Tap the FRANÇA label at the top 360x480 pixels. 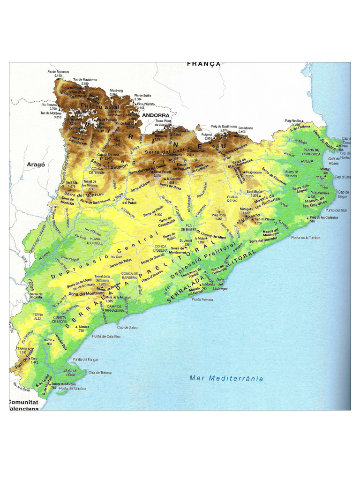(x=203, y=64)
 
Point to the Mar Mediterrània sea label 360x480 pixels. (x=226, y=378)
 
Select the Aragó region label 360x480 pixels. (x=35, y=165)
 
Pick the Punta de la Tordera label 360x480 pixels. (x=306, y=238)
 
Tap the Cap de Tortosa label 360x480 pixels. (x=100, y=373)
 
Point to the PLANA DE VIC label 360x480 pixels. (x=233, y=199)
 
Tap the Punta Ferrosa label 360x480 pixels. (x=202, y=300)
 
